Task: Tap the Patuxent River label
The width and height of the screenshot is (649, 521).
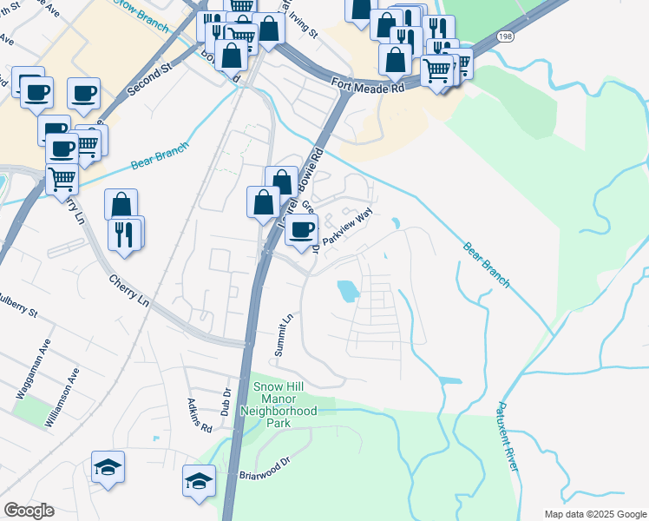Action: point(508,438)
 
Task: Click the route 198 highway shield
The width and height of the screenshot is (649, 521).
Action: point(505,36)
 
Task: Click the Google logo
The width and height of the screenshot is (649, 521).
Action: point(29,511)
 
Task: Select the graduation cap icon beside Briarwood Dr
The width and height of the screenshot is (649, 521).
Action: point(199,480)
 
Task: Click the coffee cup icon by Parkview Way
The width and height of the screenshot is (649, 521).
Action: point(301,229)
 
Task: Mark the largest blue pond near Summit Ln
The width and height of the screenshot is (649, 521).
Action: point(348,290)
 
